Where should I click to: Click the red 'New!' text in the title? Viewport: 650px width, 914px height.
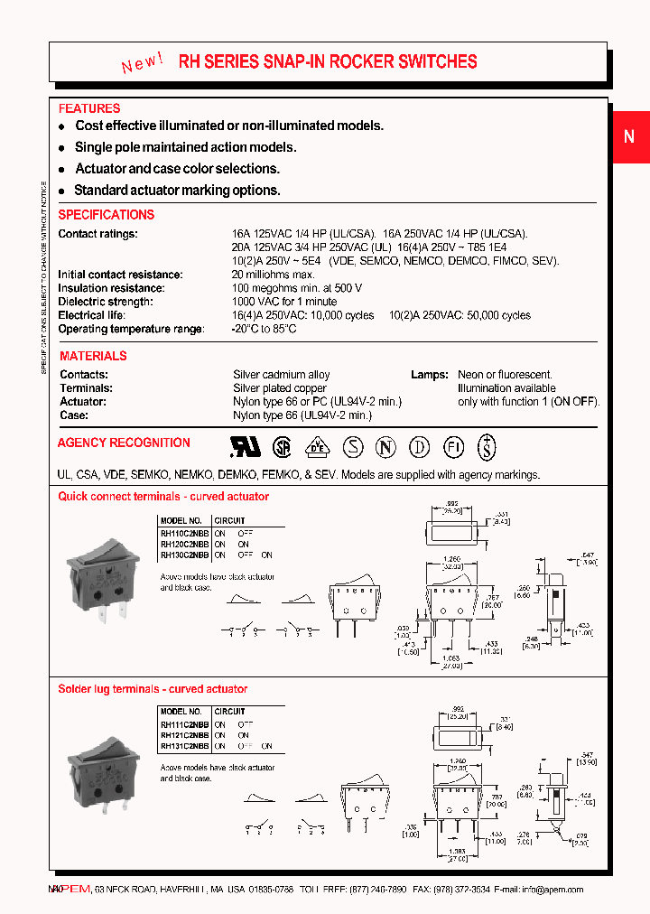(x=142, y=63)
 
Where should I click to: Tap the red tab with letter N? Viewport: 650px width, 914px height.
(x=629, y=137)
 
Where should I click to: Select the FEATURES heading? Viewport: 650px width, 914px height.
(x=89, y=108)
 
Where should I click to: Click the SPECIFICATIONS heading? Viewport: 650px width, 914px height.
(x=107, y=215)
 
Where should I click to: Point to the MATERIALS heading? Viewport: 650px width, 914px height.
(x=93, y=356)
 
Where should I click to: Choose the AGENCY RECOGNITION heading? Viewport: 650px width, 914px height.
(x=124, y=443)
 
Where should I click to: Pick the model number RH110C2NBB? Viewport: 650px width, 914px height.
(x=184, y=534)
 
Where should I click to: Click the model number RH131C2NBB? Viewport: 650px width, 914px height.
(x=184, y=747)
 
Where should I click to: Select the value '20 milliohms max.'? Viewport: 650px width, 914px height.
(x=273, y=275)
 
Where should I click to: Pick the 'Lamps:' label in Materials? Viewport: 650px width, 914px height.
(x=429, y=375)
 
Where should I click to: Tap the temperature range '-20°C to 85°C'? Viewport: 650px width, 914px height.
(x=265, y=329)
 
